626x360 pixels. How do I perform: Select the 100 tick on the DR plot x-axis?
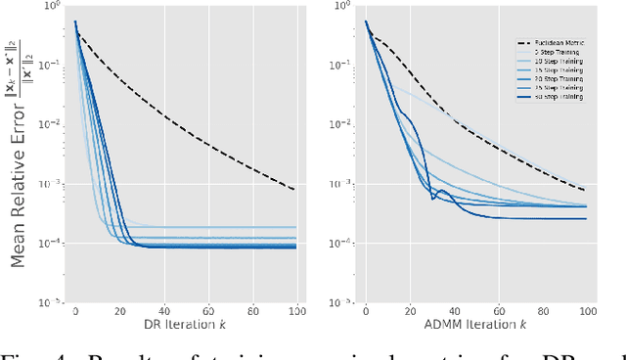click(294, 310)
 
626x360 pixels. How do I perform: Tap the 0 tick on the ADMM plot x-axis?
click(366, 310)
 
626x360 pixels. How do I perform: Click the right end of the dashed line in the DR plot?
click(294, 189)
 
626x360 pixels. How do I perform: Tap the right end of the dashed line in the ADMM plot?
click(585, 190)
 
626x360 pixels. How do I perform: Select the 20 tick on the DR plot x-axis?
click(119, 310)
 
